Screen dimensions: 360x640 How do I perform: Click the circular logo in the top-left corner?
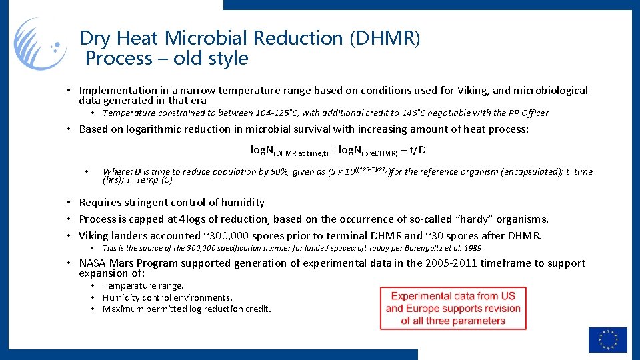coord(41,44)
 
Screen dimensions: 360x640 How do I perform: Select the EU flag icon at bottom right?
coord(607,339)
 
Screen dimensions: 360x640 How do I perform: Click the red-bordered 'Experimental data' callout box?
coord(453,308)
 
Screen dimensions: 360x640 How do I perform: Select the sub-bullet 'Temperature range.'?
coord(143,286)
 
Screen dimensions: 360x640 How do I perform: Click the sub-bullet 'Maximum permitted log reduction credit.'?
coord(187,309)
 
